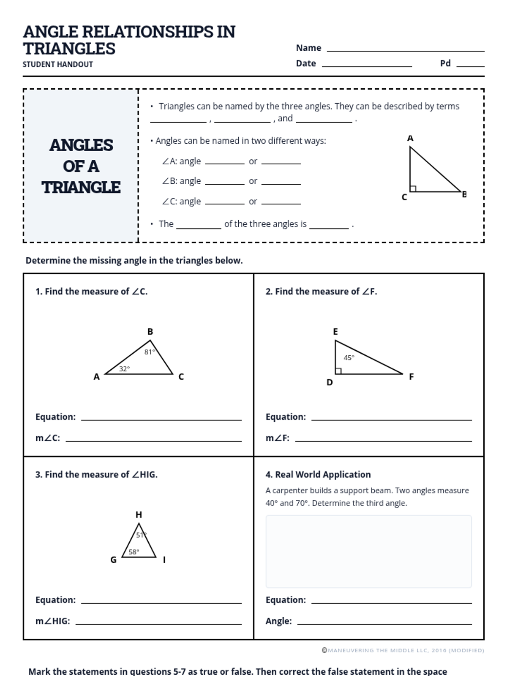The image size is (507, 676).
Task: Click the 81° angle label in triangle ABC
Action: [x=150, y=352]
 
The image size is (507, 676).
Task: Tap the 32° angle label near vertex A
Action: [x=124, y=369]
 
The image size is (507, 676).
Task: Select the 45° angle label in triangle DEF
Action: [x=349, y=357]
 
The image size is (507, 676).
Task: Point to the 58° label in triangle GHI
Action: [x=134, y=552]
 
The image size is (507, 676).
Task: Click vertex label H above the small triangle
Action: [x=139, y=515]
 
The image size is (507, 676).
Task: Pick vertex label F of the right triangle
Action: [x=411, y=376]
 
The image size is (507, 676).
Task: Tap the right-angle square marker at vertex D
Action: [x=338, y=371]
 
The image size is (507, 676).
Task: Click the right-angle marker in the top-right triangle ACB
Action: [x=413, y=188]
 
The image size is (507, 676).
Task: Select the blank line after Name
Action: [x=406, y=50]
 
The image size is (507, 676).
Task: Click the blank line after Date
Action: [x=367, y=65]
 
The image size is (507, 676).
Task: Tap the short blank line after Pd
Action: [x=470, y=65]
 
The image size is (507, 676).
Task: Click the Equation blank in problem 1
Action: [x=161, y=419]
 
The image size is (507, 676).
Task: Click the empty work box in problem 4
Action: [x=368, y=551]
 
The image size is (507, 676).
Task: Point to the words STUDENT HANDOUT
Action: [x=58, y=64]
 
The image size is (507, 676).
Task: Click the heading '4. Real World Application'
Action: [x=318, y=474]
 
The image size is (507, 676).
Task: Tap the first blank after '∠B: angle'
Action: [x=225, y=183]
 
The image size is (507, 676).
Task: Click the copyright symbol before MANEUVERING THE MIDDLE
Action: [x=324, y=651]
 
